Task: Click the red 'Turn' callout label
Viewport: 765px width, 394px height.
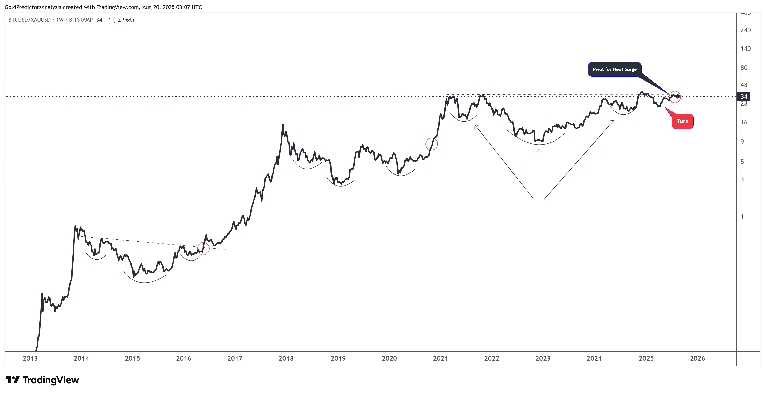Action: [682, 121]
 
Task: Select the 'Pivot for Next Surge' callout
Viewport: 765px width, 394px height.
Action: [614, 69]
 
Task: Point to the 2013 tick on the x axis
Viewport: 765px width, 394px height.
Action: [30, 358]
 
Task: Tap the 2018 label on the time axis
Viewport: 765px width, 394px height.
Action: [286, 358]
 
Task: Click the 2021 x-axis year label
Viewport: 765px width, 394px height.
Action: [440, 358]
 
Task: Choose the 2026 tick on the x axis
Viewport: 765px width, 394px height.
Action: [697, 358]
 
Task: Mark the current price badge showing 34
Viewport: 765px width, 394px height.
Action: [744, 96]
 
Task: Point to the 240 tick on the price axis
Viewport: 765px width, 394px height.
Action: [745, 30]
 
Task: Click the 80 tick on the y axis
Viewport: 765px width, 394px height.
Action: [744, 68]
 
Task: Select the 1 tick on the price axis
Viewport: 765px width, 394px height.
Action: [742, 217]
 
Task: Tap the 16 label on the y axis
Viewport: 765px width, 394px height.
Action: [744, 122]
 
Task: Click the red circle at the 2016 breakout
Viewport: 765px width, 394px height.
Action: [203, 249]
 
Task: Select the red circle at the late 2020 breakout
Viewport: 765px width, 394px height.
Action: [431, 144]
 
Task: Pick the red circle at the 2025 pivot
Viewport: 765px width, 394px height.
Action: [675, 97]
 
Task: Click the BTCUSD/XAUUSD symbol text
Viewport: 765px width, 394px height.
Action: [29, 20]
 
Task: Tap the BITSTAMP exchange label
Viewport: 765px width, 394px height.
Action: [81, 20]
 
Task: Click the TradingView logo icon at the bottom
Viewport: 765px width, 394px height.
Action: [13, 380]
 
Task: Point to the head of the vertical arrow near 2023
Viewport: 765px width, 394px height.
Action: [539, 150]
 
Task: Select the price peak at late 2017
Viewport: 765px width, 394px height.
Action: [283, 124]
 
